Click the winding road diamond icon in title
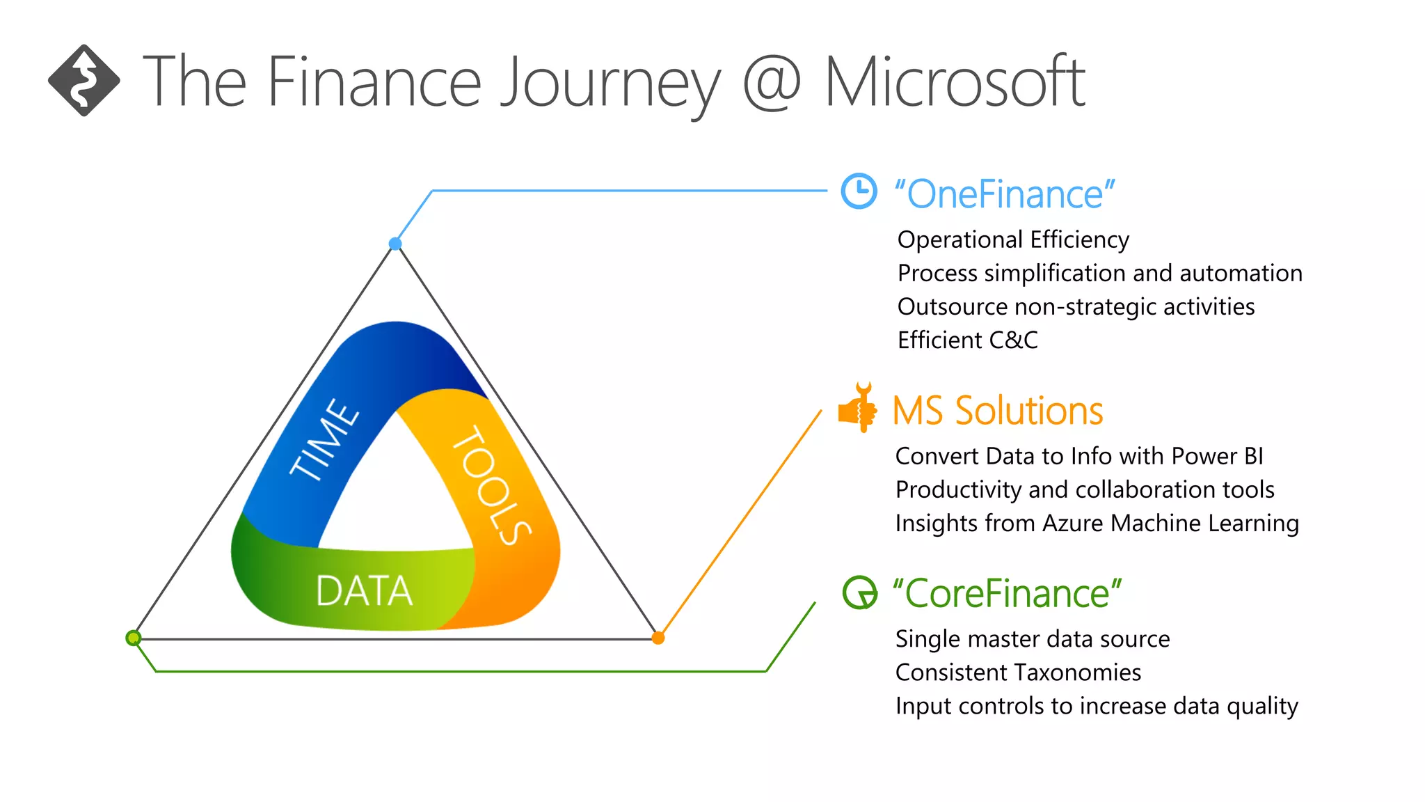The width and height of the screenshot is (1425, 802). click(83, 81)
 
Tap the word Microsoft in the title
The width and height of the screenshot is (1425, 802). click(954, 83)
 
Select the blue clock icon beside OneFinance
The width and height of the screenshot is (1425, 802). click(859, 191)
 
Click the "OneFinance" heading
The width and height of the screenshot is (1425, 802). click(1004, 194)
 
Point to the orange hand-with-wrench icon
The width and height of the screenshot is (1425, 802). click(858, 409)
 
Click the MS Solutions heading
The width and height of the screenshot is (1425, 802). click(997, 411)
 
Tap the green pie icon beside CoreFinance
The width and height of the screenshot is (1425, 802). click(860, 592)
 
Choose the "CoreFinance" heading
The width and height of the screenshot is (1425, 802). click(1007, 594)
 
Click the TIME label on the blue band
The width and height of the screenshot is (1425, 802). click(325, 440)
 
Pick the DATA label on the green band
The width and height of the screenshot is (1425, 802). click(364, 591)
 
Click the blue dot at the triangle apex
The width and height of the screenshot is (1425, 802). click(395, 244)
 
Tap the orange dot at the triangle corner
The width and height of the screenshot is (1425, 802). click(658, 638)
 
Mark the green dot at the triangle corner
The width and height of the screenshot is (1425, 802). click(134, 638)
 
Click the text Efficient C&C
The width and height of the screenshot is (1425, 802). click(967, 340)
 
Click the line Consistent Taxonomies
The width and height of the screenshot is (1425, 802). click(1018, 673)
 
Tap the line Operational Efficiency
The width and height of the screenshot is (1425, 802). click(1013, 239)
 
